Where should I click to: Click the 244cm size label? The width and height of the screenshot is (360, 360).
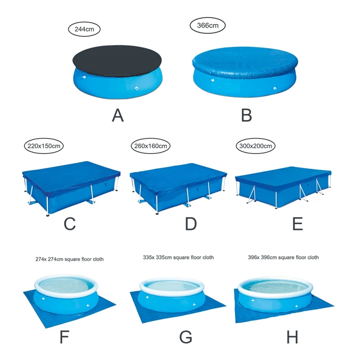pyautogui.click(x=84, y=30)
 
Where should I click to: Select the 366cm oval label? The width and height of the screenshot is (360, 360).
pyautogui.click(x=207, y=25)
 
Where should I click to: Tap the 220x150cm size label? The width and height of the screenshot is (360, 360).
pyautogui.click(x=44, y=146)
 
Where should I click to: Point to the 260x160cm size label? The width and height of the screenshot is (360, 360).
pyautogui.click(x=150, y=146)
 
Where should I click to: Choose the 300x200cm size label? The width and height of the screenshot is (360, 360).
pyautogui.click(x=256, y=146)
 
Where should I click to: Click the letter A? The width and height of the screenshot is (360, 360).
pyautogui.click(x=118, y=116)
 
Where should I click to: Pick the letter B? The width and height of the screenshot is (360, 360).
pyautogui.click(x=246, y=116)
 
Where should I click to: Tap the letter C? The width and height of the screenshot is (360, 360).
pyautogui.click(x=70, y=224)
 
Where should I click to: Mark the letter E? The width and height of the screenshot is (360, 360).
pyautogui.click(x=298, y=224)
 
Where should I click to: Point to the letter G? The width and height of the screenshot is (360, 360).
pyautogui.click(x=185, y=337)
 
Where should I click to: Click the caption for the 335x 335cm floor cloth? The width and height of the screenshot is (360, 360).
pyautogui.click(x=177, y=257)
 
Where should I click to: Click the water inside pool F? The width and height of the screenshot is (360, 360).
pyautogui.click(x=67, y=286)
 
